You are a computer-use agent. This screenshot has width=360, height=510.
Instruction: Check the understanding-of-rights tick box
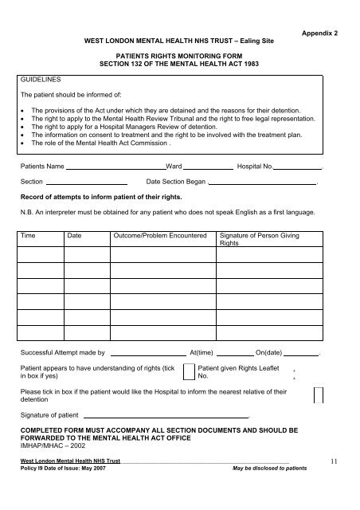pyautogui.click(x=189, y=371)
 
